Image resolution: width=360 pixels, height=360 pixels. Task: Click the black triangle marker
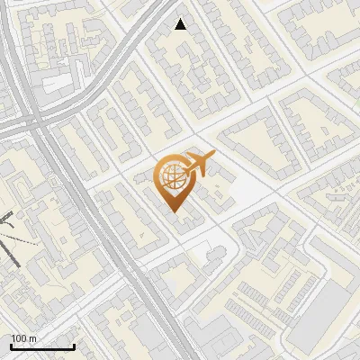coord(181,24)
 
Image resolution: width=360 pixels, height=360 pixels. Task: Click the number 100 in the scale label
coord(19,337)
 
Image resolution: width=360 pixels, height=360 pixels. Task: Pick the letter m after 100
coord(33,337)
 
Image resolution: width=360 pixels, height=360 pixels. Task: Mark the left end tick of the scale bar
coord(11,346)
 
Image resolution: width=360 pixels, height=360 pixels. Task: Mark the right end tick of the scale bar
coord(74,346)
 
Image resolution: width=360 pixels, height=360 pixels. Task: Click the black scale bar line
coord(42,347)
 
